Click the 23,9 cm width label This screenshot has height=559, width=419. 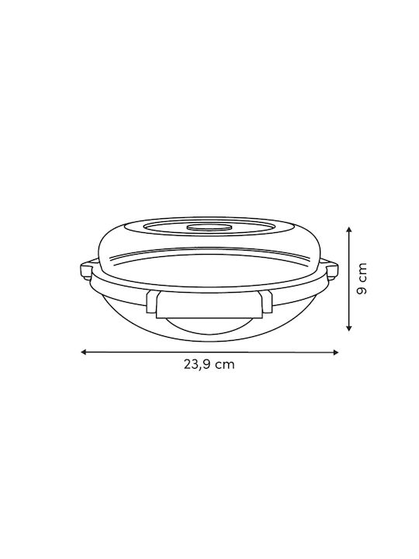click(x=209, y=364)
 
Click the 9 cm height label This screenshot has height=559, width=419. click(x=362, y=279)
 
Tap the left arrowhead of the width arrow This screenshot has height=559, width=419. click(x=84, y=352)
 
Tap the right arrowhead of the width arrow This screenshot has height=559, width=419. click(x=335, y=352)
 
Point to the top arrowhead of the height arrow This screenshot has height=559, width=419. click(x=349, y=230)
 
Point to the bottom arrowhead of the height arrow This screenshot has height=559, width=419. click(x=349, y=328)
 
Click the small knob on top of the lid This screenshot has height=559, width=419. click(x=209, y=227)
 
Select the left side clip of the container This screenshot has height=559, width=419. click(x=86, y=271)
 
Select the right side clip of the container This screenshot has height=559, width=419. click(x=331, y=271)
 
